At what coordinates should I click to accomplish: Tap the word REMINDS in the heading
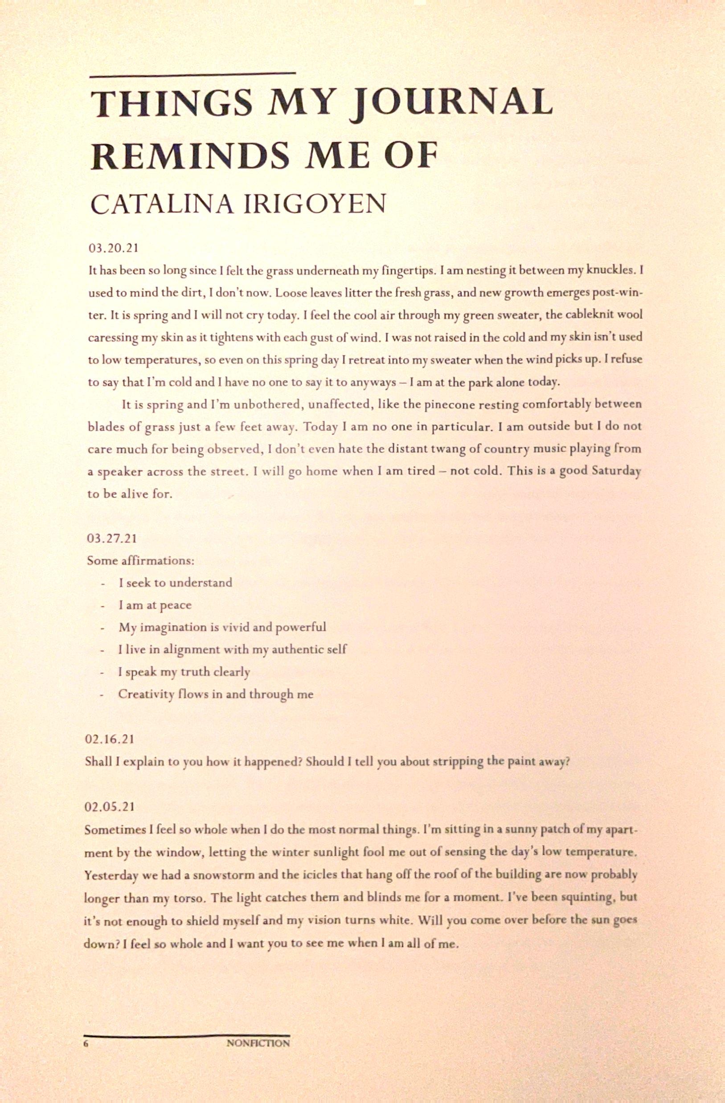coord(191,156)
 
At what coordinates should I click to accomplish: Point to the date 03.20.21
coord(114,249)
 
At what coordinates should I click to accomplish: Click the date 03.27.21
coord(112,539)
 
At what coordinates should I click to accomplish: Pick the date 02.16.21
coord(111,739)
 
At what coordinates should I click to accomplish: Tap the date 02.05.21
coord(111,806)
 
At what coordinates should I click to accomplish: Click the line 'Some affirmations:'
coord(140,560)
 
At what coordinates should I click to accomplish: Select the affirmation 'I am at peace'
coord(155,605)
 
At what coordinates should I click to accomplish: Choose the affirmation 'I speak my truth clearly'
coord(184,672)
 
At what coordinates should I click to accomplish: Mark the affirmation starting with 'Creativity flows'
coord(216,694)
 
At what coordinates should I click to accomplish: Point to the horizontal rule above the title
coord(193,73)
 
